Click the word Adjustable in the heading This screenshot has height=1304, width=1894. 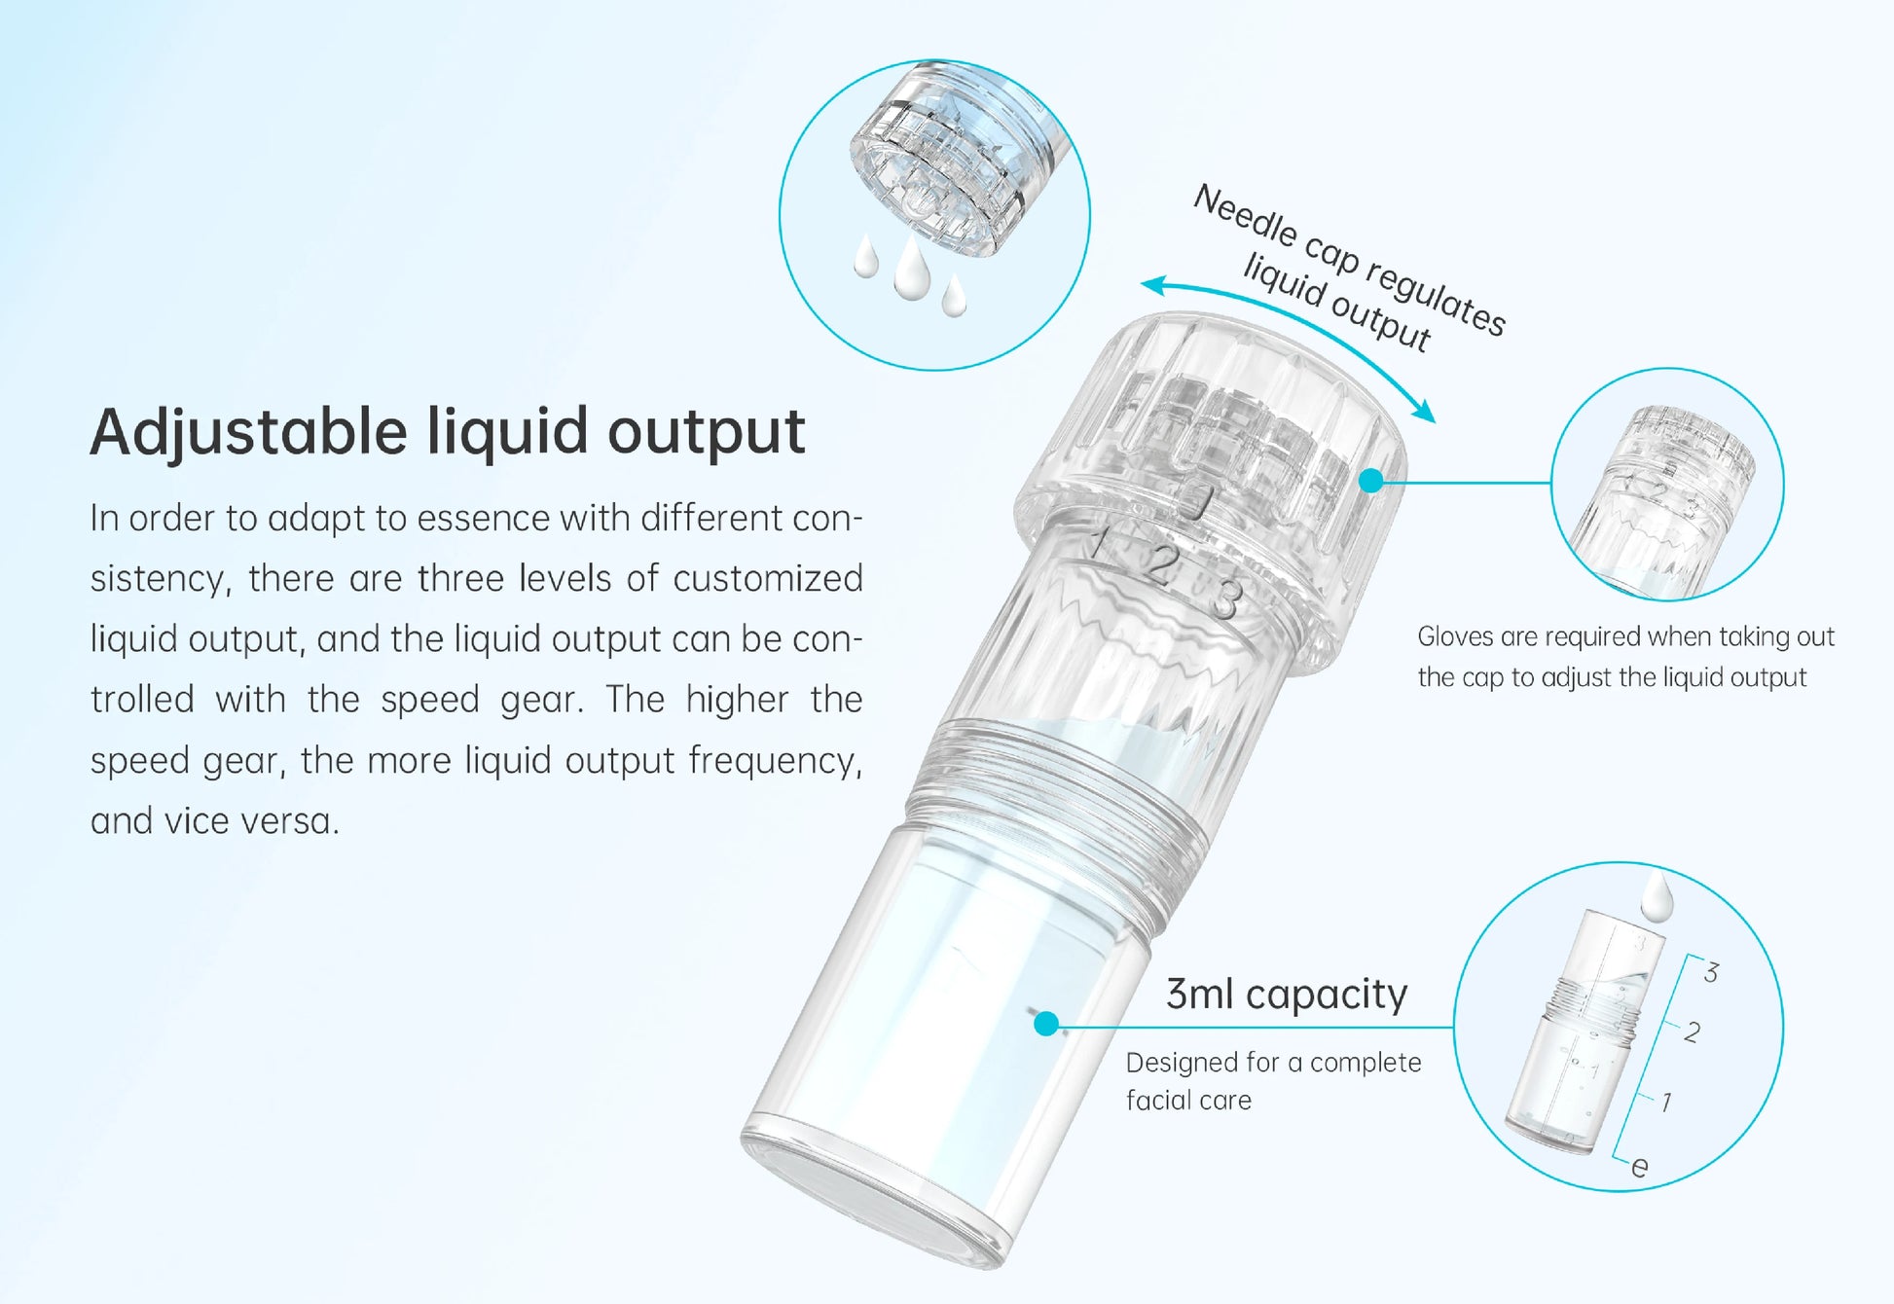(x=249, y=431)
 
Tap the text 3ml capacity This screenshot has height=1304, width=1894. (x=1287, y=995)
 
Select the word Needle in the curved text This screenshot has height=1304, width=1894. (x=1245, y=215)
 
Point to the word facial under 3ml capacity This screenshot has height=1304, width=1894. (x=1157, y=1100)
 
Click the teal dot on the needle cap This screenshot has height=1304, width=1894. (x=1370, y=480)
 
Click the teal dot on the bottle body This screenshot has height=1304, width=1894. (x=1046, y=1023)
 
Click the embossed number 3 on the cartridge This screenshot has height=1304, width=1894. (x=1226, y=598)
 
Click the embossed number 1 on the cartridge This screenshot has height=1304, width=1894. (x=1100, y=542)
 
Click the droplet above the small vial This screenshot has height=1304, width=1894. (x=1657, y=895)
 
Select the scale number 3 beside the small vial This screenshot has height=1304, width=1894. (x=1711, y=972)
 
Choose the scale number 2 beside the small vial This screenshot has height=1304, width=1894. (x=1693, y=1032)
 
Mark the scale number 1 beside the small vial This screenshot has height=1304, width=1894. (x=1666, y=1102)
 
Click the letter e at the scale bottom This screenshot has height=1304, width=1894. (x=1640, y=1167)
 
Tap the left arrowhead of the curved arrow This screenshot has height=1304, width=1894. (x=1154, y=285)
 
